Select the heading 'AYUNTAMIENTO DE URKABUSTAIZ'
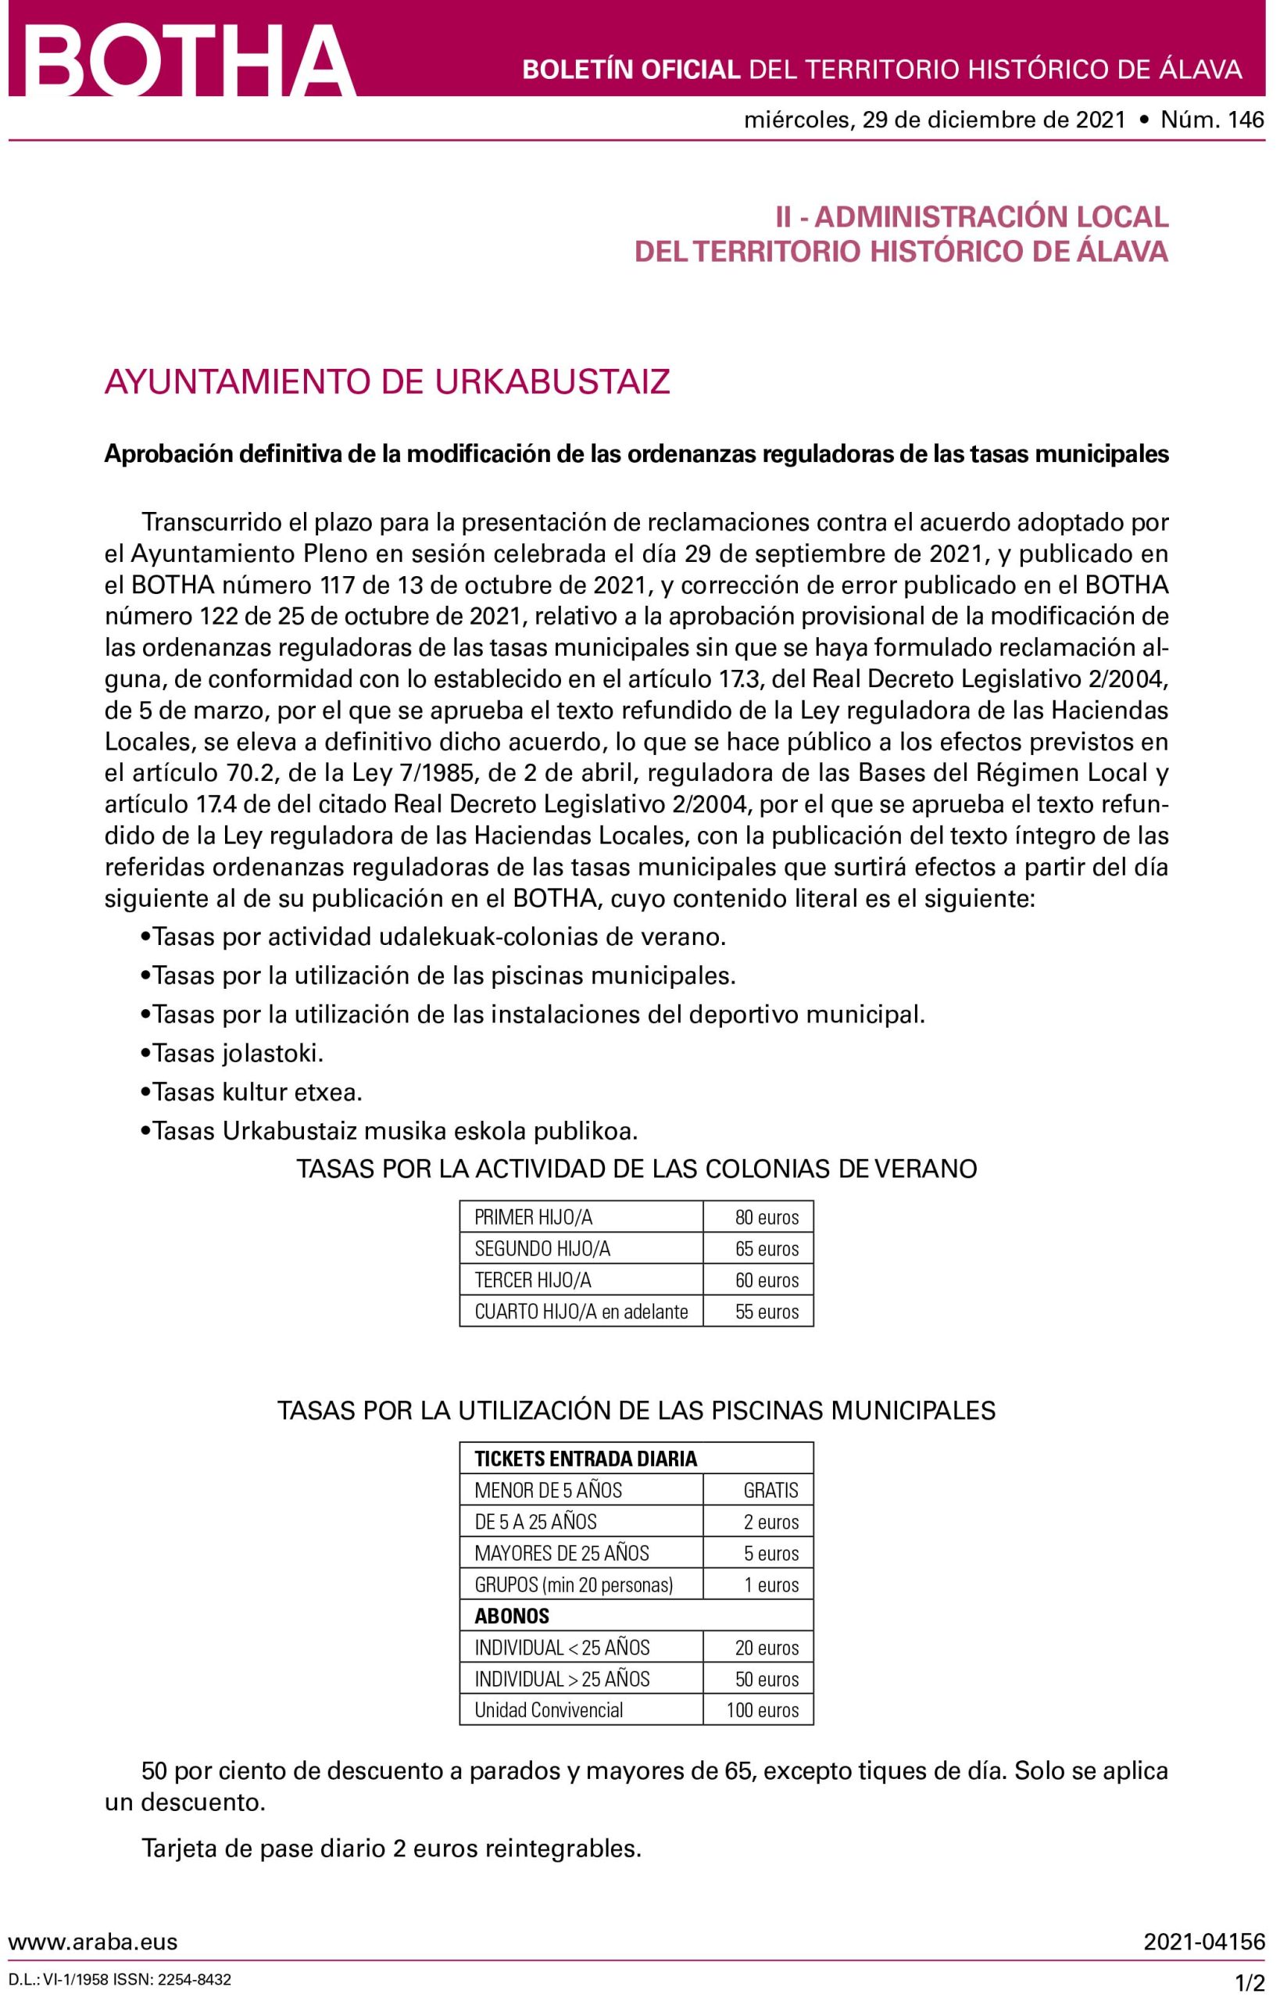pos(388,382)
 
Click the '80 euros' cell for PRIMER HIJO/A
pos(767,1218)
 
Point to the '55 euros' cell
pos(767,1312)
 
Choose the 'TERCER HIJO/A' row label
pos(533,1280)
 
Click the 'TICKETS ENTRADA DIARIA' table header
pos(585,1459)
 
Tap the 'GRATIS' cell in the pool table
pos(771,1491)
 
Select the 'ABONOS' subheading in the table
pos(512,1616)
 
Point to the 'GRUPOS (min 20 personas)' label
pos(574,1584)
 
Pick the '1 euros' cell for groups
pos(771,1584)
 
